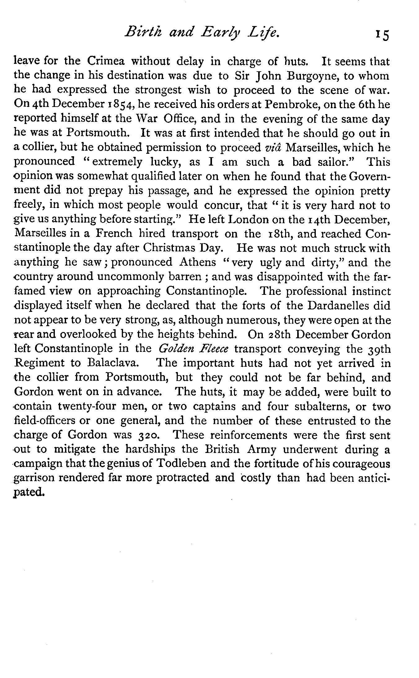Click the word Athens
tap(197, 262)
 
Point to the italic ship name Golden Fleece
tap(193, 349)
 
